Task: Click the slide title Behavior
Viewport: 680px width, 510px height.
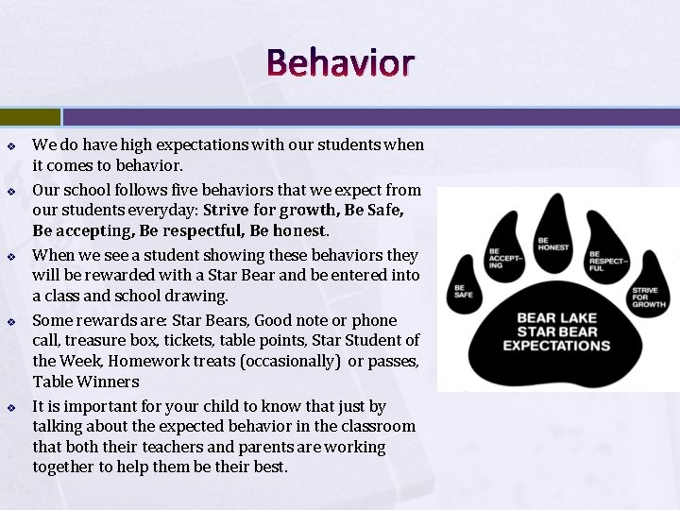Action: pyautogui.click(x=340, y=62)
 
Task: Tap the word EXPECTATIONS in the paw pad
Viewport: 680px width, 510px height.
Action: pyautogui.click(x=556, y=346)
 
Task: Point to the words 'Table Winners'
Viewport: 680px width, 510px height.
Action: pyautogui.click(x=86, y=382)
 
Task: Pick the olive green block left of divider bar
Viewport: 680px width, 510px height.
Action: pyautogui.click(x=29, y=116)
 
